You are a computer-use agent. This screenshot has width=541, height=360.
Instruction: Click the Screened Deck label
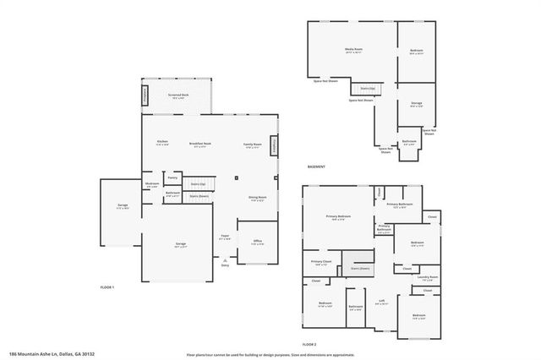178,95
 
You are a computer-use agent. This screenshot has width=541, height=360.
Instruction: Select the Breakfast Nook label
200,144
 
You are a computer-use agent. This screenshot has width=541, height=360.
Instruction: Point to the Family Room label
253,144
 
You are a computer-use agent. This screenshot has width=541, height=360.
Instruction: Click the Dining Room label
256,199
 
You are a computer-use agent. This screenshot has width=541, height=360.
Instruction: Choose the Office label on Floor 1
258,242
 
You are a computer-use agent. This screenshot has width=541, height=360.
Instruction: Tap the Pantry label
172,177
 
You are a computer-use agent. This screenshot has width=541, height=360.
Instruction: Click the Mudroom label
152,184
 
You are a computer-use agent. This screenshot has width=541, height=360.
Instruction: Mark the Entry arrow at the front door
225,260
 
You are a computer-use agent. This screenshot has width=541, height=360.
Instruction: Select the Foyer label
225,237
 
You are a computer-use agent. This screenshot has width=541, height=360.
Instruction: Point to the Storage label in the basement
416,104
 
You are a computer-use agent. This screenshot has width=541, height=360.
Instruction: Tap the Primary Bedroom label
338,217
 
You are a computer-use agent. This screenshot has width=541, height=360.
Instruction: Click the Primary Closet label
320,262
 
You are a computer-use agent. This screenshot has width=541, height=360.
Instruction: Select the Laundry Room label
427,277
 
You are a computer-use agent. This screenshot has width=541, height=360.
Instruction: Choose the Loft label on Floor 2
381,301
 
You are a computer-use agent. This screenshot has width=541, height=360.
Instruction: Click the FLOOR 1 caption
107,288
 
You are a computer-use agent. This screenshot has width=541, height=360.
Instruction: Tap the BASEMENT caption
316,167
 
